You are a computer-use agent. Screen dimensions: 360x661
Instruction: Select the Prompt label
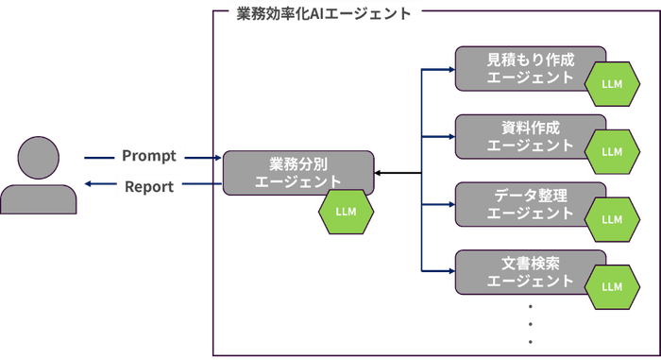(149, 155)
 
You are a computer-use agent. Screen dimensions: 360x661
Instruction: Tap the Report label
(149, 186)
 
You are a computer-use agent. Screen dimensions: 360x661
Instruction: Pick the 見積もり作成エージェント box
(515, 67)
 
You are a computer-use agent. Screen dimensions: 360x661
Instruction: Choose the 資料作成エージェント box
(515, 136)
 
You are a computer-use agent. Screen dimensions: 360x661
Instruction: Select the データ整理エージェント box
(515, 203)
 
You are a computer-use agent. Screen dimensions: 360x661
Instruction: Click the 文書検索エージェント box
(515, 271)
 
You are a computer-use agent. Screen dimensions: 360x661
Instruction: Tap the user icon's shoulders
(39, 198)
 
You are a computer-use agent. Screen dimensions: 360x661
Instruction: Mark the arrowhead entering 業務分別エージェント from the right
(378, 172)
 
